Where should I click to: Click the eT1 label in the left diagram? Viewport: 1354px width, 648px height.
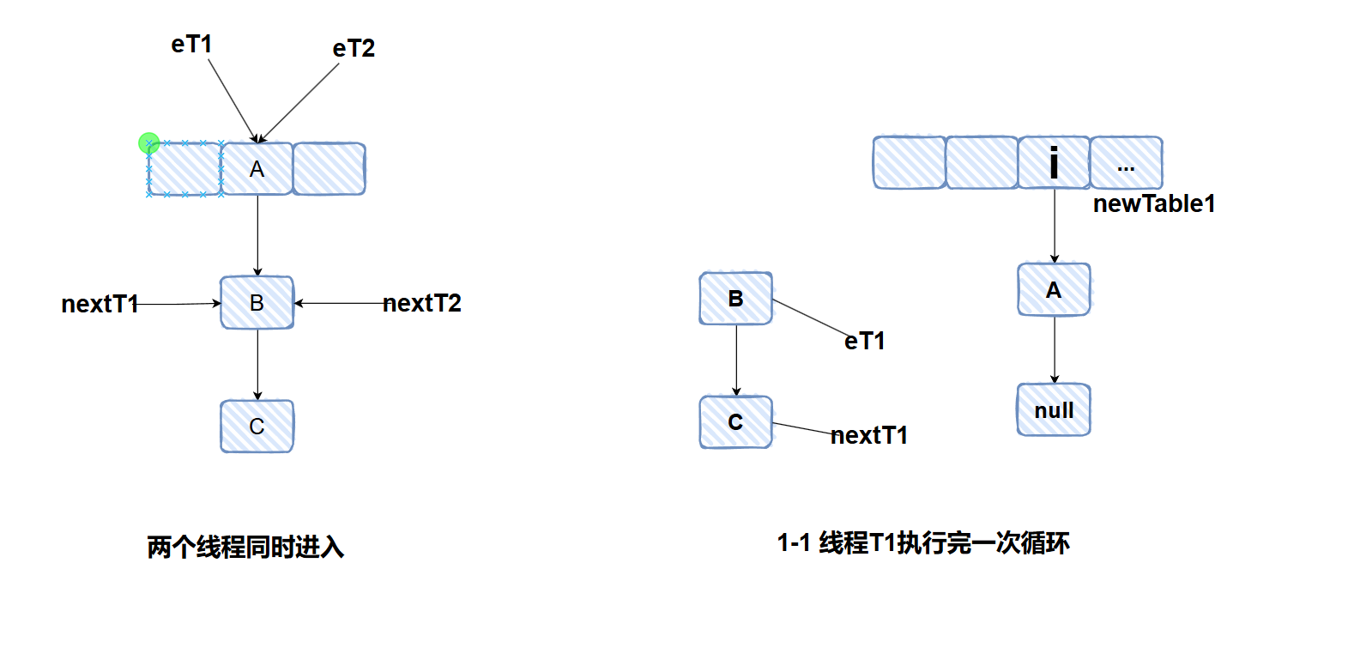click(191, 44)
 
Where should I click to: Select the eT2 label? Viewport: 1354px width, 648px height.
click(354, 48)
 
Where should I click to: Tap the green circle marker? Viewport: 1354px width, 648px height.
click(148, 142)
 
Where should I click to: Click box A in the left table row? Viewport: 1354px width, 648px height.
click(257, 169)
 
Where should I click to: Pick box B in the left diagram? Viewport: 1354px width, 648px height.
click(257, 303)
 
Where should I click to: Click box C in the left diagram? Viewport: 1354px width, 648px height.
click(257, 427)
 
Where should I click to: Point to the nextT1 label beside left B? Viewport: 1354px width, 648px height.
click(100, 304)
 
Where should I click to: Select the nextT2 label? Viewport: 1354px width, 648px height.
click(422, 303)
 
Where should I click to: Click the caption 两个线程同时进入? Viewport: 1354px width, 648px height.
click(245, 547)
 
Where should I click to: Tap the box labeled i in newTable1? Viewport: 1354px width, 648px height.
click(1054, 162)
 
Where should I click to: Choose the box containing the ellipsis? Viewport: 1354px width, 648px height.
click(1126, 162)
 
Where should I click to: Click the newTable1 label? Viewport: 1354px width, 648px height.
click(1154, 203)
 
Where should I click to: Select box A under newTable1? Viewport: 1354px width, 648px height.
click(1054, 290)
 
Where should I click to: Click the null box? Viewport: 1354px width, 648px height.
click(1054, 410)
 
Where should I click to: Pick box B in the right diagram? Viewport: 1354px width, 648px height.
click(735, 299)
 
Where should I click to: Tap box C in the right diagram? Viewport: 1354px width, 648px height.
click(735, 422)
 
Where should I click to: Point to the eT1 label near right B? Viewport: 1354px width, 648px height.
click(865, 341)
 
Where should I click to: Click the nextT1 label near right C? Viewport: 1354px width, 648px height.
click(869, 435)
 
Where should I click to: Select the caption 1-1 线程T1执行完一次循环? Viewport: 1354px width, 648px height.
click(923, 542)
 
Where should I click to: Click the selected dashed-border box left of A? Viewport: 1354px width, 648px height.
click(184, 169)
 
